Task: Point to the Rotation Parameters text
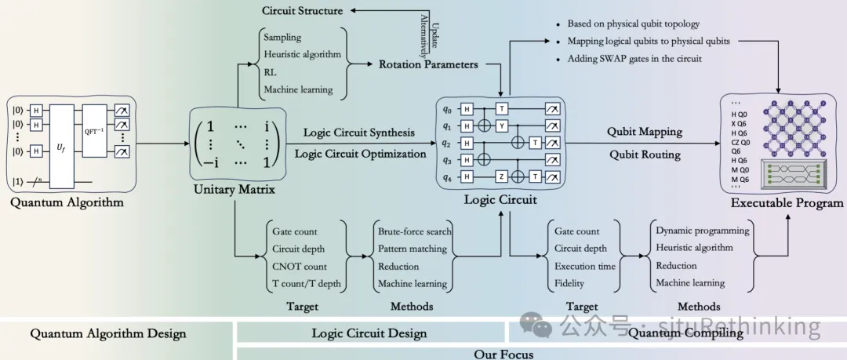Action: [x=428, y=64]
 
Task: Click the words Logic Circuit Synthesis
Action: [x=359, y=133]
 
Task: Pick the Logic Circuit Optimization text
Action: [x=361, y=154]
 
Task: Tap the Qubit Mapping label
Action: [x=644, y=133]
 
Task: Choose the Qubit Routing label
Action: [x=644, y=155]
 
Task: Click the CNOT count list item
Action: [x=299, y=266]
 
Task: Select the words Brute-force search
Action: [x=415, y=231]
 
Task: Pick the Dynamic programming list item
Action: [x=703, y=231]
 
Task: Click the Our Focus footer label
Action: [x=503, y=354]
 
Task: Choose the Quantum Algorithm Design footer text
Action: [x=108, y=333]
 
